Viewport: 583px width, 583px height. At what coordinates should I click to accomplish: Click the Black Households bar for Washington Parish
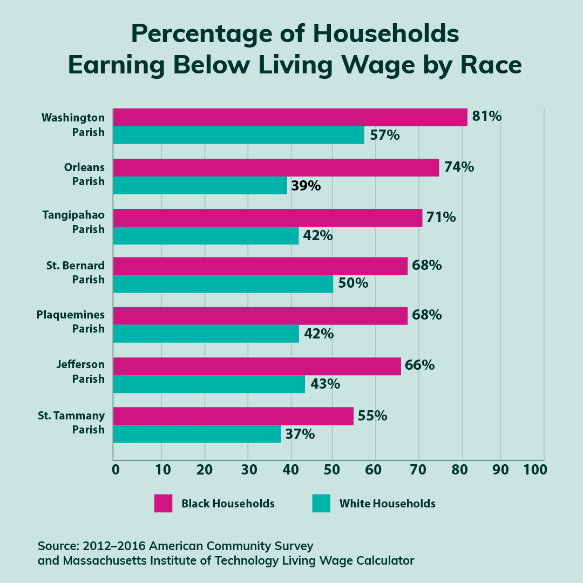290,117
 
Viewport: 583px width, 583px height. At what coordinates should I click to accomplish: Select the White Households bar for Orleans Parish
200,186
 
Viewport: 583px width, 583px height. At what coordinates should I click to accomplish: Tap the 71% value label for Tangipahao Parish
440,218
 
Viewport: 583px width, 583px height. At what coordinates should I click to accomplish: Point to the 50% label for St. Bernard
353,283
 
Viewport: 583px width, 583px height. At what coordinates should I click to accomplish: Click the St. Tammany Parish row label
71,423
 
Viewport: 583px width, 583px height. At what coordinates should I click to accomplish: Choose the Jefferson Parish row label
80,372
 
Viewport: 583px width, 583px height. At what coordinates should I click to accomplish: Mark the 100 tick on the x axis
535,470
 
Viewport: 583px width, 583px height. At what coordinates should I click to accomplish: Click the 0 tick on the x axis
116,470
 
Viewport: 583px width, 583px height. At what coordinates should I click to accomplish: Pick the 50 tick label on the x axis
332,470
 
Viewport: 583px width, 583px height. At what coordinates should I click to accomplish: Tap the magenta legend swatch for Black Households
163,503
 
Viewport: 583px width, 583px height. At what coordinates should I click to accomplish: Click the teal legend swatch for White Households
321,503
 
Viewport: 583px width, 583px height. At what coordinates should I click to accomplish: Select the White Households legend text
387,504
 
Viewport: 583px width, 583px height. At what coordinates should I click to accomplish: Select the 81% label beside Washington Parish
486,116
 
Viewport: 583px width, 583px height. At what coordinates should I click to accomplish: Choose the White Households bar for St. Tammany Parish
197,434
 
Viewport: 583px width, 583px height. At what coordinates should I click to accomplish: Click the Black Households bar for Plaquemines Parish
260,316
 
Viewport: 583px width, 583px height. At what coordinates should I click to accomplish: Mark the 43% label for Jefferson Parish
325,384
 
